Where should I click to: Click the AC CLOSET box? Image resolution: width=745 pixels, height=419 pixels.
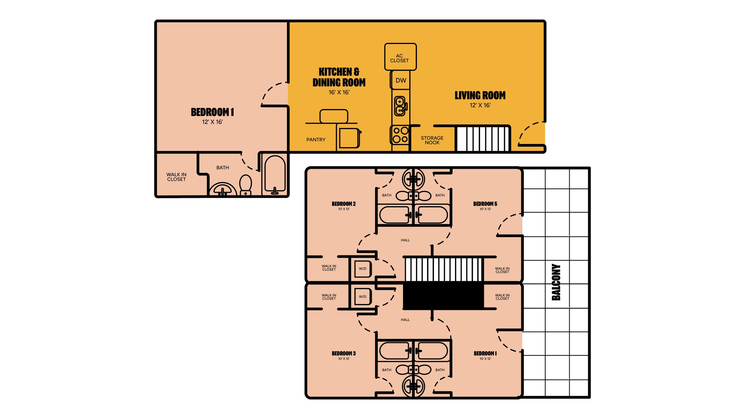pos(400,57)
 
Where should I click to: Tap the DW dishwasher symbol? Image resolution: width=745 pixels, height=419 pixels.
pos(401,80)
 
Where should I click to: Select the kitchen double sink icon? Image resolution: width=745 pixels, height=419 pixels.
pos(400,105)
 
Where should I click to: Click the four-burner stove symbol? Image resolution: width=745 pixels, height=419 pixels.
pos(400,135)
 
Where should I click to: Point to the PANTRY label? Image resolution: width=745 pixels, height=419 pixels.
pos(316,140)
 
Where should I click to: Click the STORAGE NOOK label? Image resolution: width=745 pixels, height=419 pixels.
pos(432,140)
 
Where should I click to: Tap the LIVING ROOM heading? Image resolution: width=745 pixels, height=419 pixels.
pos(480,95)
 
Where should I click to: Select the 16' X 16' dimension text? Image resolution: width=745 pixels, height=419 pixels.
pos(339,92)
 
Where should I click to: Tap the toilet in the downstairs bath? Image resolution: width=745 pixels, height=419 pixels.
pos(246,185)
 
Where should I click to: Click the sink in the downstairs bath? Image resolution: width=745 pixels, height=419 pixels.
pos(223,190)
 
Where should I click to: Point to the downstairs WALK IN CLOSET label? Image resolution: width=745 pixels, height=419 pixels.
pos(176,177)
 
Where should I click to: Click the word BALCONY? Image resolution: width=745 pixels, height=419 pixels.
pos(556,282)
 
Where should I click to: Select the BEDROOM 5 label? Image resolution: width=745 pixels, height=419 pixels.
pos(485,204)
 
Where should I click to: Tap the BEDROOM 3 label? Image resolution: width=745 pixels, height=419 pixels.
pos(344,354)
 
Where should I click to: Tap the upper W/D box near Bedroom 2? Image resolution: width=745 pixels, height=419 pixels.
pos(363,269)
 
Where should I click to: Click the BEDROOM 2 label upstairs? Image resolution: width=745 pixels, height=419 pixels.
pos(344,204)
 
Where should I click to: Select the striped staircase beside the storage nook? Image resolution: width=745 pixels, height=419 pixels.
pos(482,139)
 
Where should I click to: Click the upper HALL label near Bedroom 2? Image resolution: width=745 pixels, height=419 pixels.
pos(405,240)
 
